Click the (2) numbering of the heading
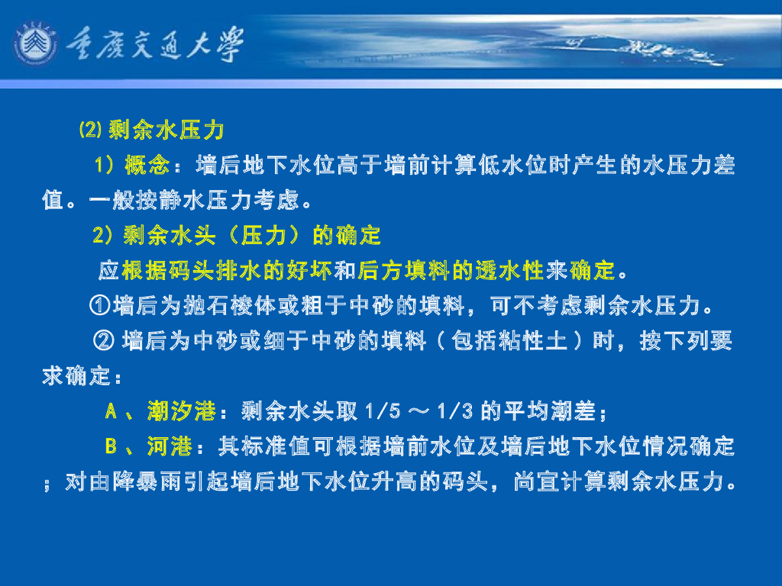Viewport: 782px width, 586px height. pyautogui.click(x=90, y=130)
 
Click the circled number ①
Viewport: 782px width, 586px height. pyautogui.click(x=99, y=307)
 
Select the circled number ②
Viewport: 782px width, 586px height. pyautogui.click(x=103, y=341)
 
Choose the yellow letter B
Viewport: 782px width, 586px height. pyautogui.click(x=111, y=446)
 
